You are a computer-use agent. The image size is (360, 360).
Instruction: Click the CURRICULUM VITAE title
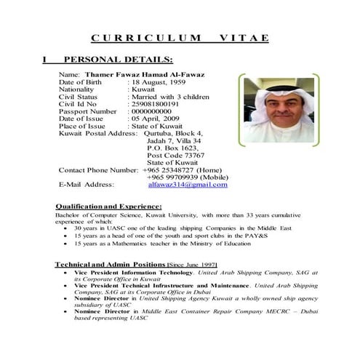180,38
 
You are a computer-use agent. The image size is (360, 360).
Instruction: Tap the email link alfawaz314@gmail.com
187,185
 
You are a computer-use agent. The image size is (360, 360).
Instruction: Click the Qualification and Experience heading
108,207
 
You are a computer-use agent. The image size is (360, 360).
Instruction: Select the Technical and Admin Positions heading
111,263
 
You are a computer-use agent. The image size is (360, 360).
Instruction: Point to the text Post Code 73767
175,155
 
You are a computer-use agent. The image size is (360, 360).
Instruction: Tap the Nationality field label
78,89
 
